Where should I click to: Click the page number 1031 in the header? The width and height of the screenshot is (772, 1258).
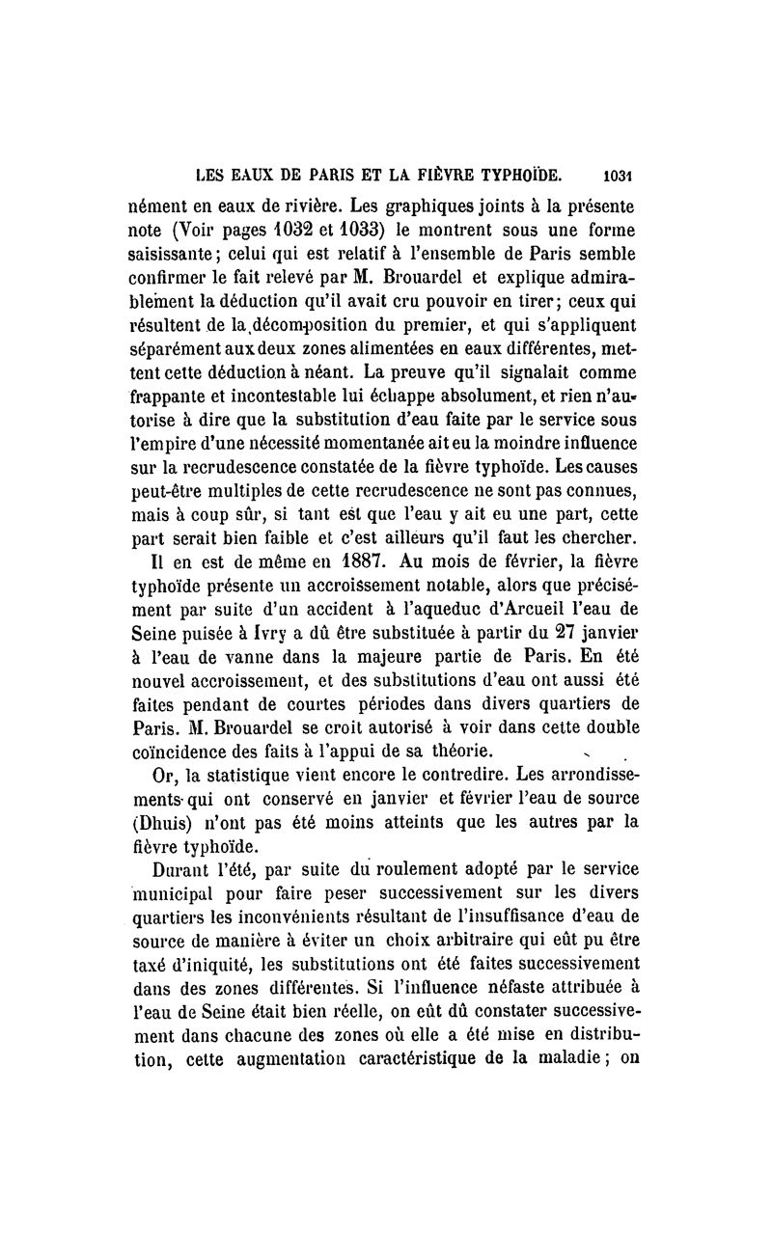tap(615, 177)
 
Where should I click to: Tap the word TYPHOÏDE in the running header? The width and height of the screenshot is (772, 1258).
tap(512, 177)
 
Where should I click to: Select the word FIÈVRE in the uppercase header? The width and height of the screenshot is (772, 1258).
tap(416, 177)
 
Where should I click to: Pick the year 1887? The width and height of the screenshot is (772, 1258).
tap(304, 560)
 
